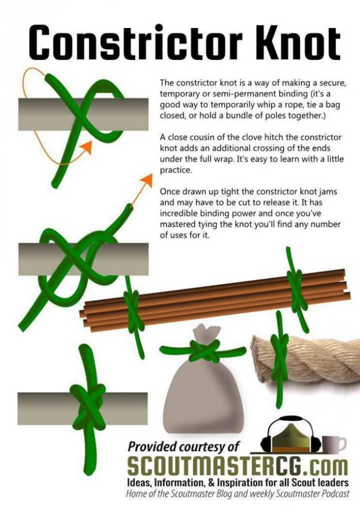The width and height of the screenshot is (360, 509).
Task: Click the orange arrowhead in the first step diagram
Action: pos(86,147)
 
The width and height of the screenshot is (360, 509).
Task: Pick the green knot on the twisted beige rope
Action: pos(279,356)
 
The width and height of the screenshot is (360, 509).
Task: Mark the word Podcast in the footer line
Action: pos(332,493)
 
